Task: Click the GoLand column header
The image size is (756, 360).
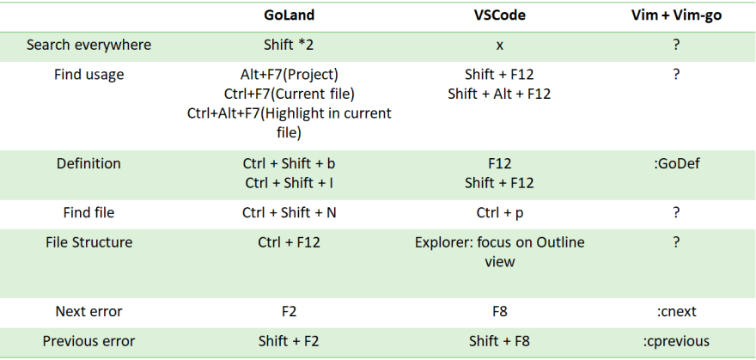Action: (289, 15)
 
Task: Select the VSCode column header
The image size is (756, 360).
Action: (499, 15)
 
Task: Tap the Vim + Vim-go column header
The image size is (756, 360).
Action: (676, 15)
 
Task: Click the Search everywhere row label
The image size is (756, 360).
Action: (88, 45)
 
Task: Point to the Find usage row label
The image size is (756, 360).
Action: (88, 75)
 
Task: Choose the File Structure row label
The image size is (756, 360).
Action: (88, 242)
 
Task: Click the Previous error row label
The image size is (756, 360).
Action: (88, 341)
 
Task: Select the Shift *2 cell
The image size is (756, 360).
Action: (289, 45)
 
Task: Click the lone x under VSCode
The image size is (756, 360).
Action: (499, 46)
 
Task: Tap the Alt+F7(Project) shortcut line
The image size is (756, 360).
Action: (289, 75)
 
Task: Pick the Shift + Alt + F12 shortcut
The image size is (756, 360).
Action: (499, 94)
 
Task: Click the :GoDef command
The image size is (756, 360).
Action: (676, 164)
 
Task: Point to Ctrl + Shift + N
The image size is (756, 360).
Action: (289, 212)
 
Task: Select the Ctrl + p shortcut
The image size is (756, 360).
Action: (499, 213)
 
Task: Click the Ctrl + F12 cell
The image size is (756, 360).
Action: (289, 242)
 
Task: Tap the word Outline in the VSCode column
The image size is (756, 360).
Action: (560, 242)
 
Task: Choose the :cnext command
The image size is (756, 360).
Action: (676, 312)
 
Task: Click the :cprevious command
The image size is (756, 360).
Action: (676, 342)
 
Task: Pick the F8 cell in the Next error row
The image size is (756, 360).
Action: (499, 312)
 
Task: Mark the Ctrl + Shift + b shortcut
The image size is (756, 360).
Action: (289, 164)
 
